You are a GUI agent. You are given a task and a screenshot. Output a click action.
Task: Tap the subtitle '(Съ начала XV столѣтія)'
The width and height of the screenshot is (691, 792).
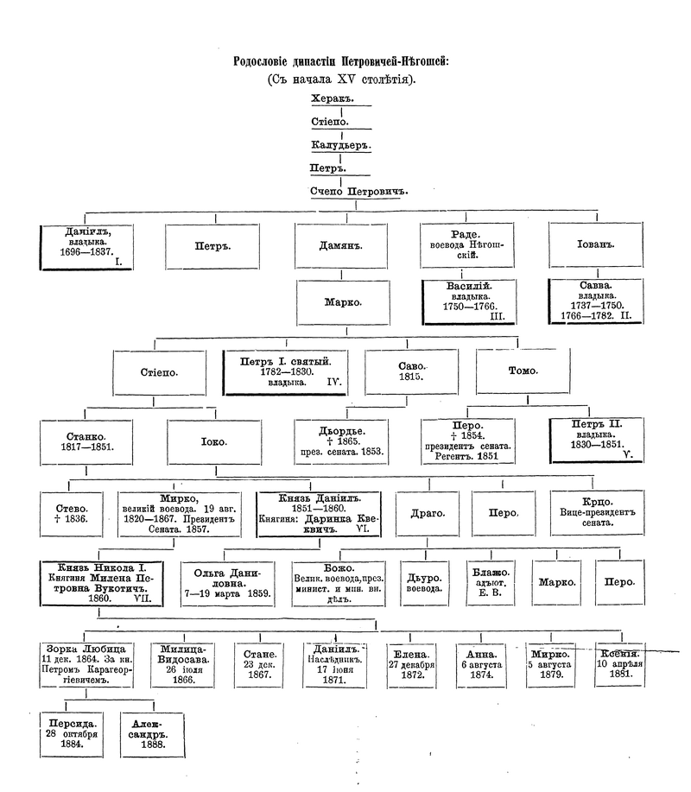342,79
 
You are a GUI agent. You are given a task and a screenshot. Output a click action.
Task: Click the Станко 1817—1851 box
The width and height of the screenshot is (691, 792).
85,442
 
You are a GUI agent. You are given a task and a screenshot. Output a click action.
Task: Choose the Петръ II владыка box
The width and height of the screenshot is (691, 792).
596,440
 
